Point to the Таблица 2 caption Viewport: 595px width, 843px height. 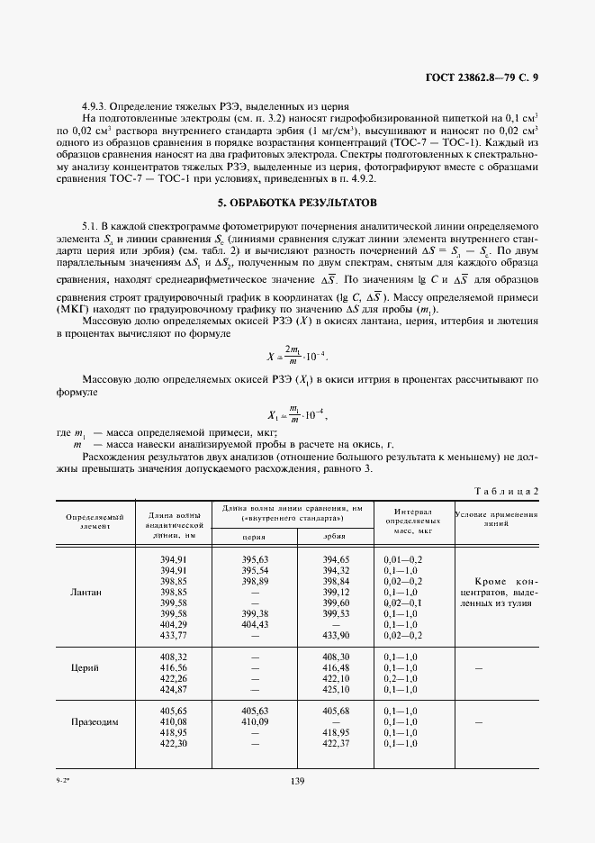[x=505, y=490]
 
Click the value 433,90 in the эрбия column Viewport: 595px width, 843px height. [x=335, y=635]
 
